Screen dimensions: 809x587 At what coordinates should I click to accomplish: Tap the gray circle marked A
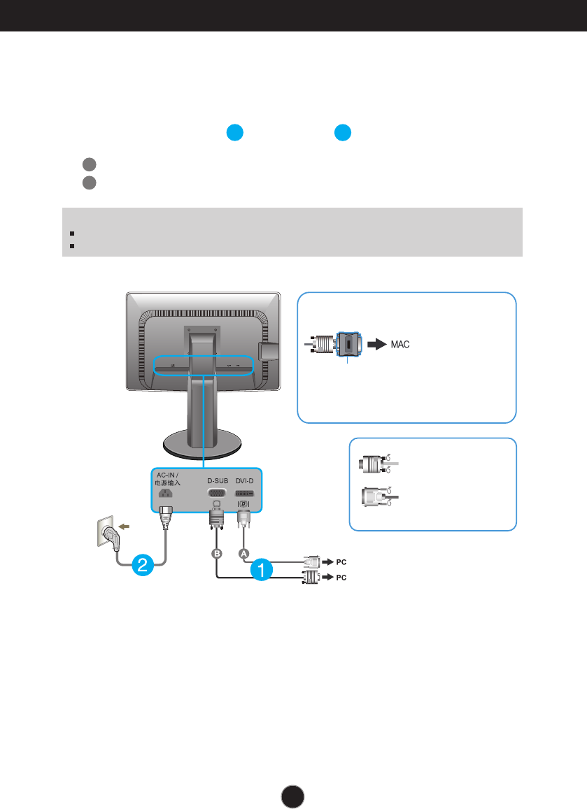[244, 552]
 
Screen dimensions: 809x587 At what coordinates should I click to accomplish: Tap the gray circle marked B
[217, 552]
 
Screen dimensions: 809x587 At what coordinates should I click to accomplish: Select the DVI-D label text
[244, 480]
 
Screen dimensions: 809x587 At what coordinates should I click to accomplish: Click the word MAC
[400, 345]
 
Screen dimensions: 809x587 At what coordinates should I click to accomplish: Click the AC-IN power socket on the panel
[166, 493]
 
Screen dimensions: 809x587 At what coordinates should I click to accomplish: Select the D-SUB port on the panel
[216, 493]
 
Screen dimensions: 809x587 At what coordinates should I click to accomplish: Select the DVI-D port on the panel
[244, 493]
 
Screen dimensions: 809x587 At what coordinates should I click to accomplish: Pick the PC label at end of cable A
[341, 561]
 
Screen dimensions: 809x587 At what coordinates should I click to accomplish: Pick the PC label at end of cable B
[341, 578]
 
